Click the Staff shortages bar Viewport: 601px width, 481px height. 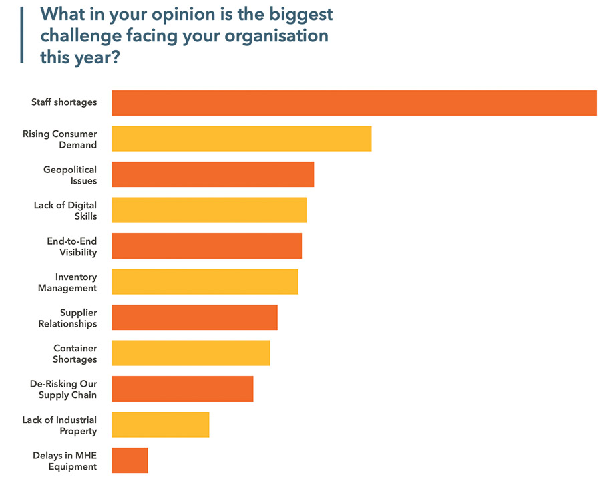(x=354, y=103)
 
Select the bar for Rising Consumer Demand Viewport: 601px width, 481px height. (x=241, y=138)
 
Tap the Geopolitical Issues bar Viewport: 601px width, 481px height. (x=212, y=174)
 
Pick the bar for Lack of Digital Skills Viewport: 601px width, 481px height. (x=209, y=210)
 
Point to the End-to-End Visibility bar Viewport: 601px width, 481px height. (x=206, y=246)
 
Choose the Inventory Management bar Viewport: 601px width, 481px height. (x=204, y=281)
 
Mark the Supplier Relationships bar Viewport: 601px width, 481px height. (x=194, y=317)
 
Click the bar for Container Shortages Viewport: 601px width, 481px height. (x=191, y=353)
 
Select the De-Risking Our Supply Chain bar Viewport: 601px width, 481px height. (x=182, y=389)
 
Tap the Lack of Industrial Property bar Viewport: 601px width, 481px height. (x=160, y=424)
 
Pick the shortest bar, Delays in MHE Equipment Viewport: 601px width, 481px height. (x=130, y=460)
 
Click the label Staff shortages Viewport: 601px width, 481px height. (x=64, y=102)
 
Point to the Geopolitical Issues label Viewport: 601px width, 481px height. (x=70, y=175)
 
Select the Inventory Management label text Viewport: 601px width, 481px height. (x=67, y=282)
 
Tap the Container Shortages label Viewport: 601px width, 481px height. (x=75, y=353)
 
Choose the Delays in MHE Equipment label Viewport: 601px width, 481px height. (x=65, y=461)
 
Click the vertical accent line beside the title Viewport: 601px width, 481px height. (x=22, y=35)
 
